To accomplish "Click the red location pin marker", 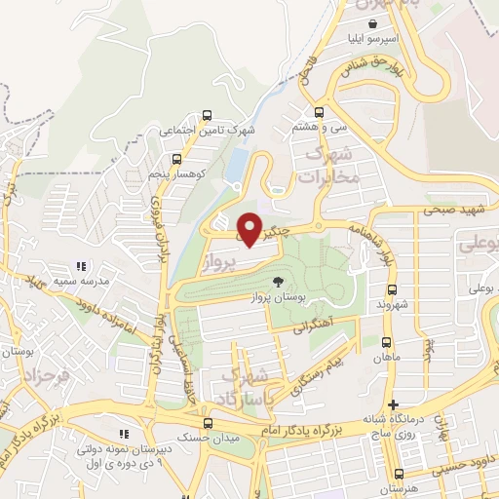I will coord(250,229).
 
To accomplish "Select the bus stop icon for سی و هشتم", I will coord(320,111).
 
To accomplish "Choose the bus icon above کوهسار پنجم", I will coord(176,158).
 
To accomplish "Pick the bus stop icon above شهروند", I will coord(392,289).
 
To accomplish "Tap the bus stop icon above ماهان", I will coord(387,342).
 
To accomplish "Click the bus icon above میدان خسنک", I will coord(208,422).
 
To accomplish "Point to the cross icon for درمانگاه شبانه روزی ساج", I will coord(392,405).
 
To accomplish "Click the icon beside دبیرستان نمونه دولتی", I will coord(123,433).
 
